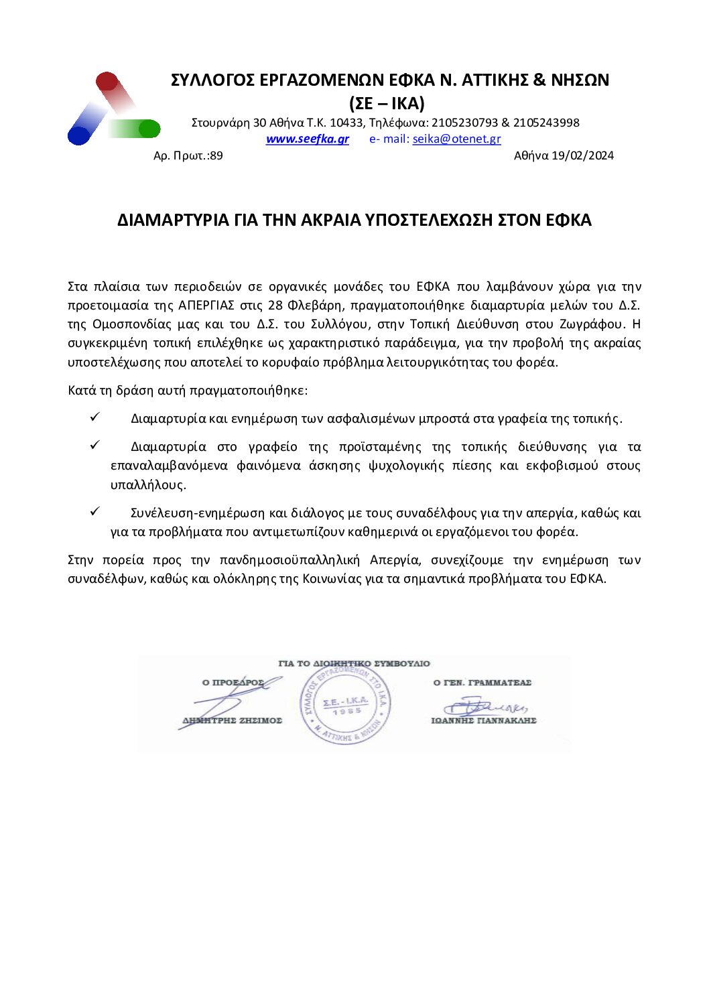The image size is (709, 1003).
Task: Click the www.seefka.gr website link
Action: [x=307, y=139]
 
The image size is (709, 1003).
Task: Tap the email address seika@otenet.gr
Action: [x=456, y=139]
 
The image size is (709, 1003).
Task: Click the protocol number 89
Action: [x=216, y=156]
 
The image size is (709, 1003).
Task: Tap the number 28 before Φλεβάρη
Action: [x=275, y=306]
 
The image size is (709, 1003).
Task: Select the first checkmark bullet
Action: [x=94, y=417]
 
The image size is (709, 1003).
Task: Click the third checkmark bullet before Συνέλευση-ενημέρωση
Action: [x=94, y=511]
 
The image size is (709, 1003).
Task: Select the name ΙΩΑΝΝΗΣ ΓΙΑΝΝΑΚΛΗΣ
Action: [x=484, y=721]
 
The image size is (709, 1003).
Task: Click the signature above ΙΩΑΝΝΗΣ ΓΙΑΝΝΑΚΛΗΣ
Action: [x=484, y=706]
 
